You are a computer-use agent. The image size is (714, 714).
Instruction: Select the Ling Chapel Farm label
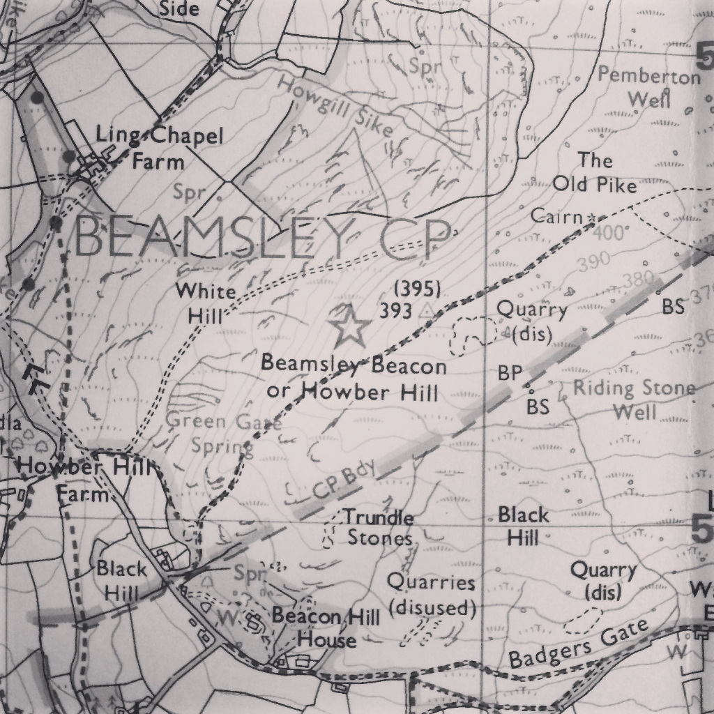(x=159, y=149)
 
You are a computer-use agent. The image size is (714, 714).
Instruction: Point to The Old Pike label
(x=595, y=173)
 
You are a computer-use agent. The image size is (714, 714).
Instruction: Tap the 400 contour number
(x=612, y=233)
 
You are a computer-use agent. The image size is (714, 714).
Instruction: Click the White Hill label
(x=206, y=303)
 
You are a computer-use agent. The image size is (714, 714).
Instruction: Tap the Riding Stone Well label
(x=635, y=400)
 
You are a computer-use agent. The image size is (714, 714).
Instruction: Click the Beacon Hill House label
(x=326, y=628)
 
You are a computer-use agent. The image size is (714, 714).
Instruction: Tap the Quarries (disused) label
(x=432, y=594)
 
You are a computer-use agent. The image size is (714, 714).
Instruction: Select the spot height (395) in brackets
(x=416, y=289)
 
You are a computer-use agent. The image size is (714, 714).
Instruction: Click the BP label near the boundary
(x=510, y=374)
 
